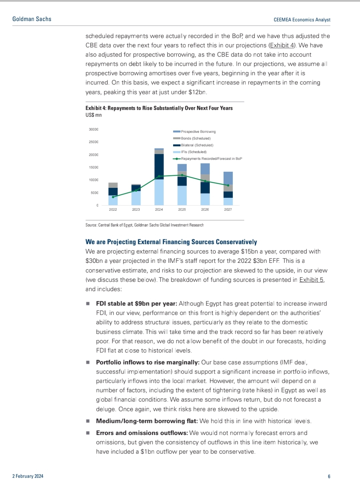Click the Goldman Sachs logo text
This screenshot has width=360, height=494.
click(32, 19)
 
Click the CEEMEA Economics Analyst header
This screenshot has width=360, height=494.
click(302, 20)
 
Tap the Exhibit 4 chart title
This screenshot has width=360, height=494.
click(159, 108)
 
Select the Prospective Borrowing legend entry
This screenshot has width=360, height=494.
click(198, 132)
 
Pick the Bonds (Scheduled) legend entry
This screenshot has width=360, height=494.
click(196, 138)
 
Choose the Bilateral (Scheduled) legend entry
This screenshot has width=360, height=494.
click(197, 145)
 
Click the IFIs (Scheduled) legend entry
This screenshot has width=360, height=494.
click(194, 152)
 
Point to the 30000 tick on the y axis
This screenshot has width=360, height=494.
click(93, 129)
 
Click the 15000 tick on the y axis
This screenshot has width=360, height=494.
click(93, 167)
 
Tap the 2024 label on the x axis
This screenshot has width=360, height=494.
click(159, 209)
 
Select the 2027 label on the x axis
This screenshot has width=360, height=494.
click(228, 209)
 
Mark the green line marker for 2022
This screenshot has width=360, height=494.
click(113, 197)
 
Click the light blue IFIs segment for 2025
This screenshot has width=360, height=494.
click(182, 195)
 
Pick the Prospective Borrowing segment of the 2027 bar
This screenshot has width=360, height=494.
click(228, 178)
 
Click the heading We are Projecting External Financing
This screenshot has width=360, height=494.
click(171, 242)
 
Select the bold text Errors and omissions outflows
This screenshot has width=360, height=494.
click(142, 433)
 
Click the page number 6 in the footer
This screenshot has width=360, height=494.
click(329, 476)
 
